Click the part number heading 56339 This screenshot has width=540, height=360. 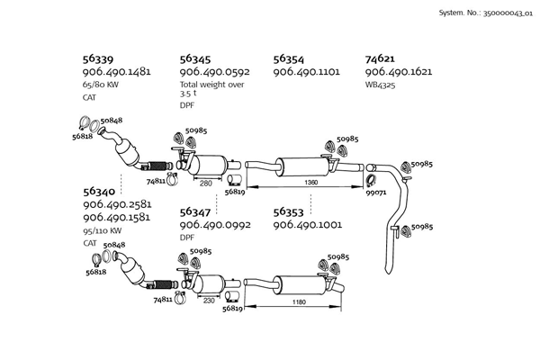coord(98,58)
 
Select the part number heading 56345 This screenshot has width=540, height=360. coord(195,58)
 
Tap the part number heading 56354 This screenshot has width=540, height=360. coord(289,58)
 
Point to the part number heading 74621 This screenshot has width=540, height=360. coord(380,58)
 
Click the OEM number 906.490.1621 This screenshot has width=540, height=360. coord(399,72)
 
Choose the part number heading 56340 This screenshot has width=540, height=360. coord(99,192)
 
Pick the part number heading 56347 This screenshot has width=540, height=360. coord(195,211)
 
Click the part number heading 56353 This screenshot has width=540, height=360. coord(289,211)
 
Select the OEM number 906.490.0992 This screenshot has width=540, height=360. coord(215,225)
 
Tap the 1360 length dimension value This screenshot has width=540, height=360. coord(311,182)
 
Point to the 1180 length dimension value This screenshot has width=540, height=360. coord(299,302)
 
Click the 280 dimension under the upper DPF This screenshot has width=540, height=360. coord(206,184)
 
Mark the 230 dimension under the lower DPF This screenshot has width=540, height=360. coord(209,301)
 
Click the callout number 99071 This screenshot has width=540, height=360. coord(376,193)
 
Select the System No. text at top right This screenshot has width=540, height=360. coord(486,13)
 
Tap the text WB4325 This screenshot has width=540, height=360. coord(380,85)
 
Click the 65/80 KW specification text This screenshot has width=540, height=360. coord(100,85)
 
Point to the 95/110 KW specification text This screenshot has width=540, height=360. coord(103,230)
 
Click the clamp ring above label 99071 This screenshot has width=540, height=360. coord(371,181)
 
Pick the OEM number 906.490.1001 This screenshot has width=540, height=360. coord(308,225)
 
